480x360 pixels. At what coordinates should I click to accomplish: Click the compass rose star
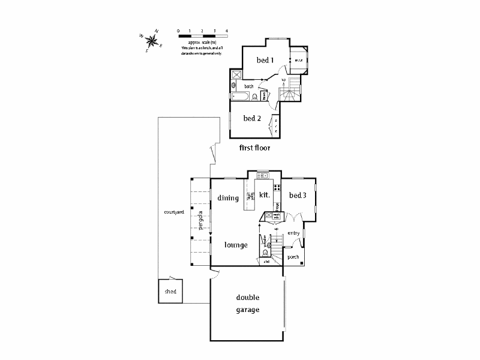coord(152,41)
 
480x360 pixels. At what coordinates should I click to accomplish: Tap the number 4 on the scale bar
coord(227,30)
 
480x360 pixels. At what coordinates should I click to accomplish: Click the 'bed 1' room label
coord(265,60)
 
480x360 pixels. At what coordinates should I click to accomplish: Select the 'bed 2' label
coord(252,118)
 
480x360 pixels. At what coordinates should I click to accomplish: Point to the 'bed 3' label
coord(298,196)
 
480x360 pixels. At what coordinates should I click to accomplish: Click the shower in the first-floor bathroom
coord(236,76)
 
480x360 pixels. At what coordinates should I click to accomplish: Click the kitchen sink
coord(263,176)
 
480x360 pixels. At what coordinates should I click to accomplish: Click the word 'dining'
coord(228,198)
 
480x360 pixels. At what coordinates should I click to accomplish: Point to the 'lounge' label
coord(236,245)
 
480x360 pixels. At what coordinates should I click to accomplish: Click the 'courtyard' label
coord(173,213)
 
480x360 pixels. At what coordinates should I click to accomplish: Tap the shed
coord(170,292)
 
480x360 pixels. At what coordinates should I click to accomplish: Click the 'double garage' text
coord(247,304)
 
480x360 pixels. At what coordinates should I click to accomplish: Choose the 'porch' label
coord(293,257)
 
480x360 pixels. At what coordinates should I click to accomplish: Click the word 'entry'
coord(293,233)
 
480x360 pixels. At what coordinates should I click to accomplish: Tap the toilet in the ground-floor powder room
coord(265,253)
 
